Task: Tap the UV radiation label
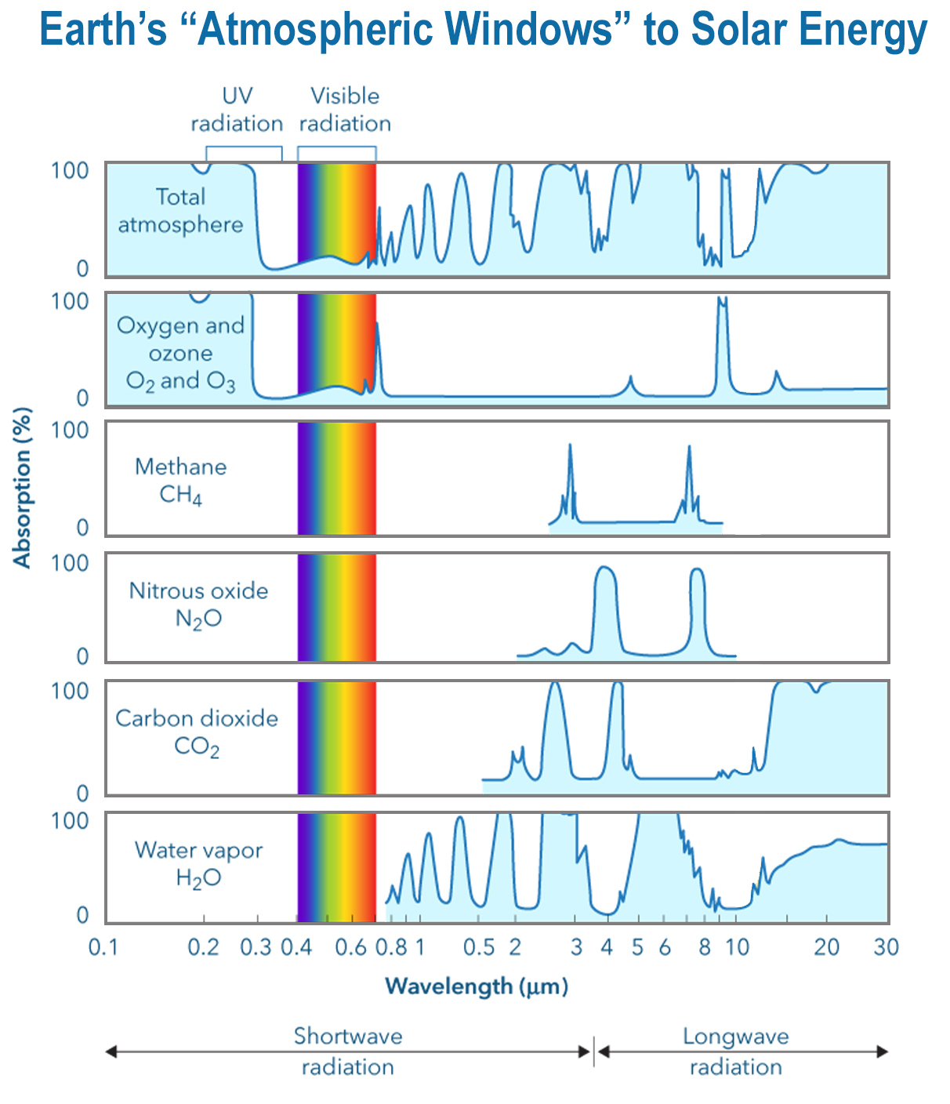pos(237,110)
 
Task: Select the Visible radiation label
pos(345,110)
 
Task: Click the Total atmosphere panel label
pos(180,210)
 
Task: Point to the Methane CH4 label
pos(180,481)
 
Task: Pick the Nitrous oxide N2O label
pos(198,605)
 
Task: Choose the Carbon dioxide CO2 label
pos(197,732)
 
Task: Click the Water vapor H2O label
pos(198,863)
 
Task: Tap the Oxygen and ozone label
pos(180,353)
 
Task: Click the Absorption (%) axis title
pos(22,487)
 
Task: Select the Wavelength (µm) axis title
pos(476,986)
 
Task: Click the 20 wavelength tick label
pos(826,947)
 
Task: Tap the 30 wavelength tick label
pos(886,947)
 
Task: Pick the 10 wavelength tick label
pos(737,947)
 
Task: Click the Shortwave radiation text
pos(347,1051)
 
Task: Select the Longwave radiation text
pos(735,1051)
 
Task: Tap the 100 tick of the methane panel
pos(70,430)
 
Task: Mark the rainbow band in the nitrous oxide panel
pos(337,608)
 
